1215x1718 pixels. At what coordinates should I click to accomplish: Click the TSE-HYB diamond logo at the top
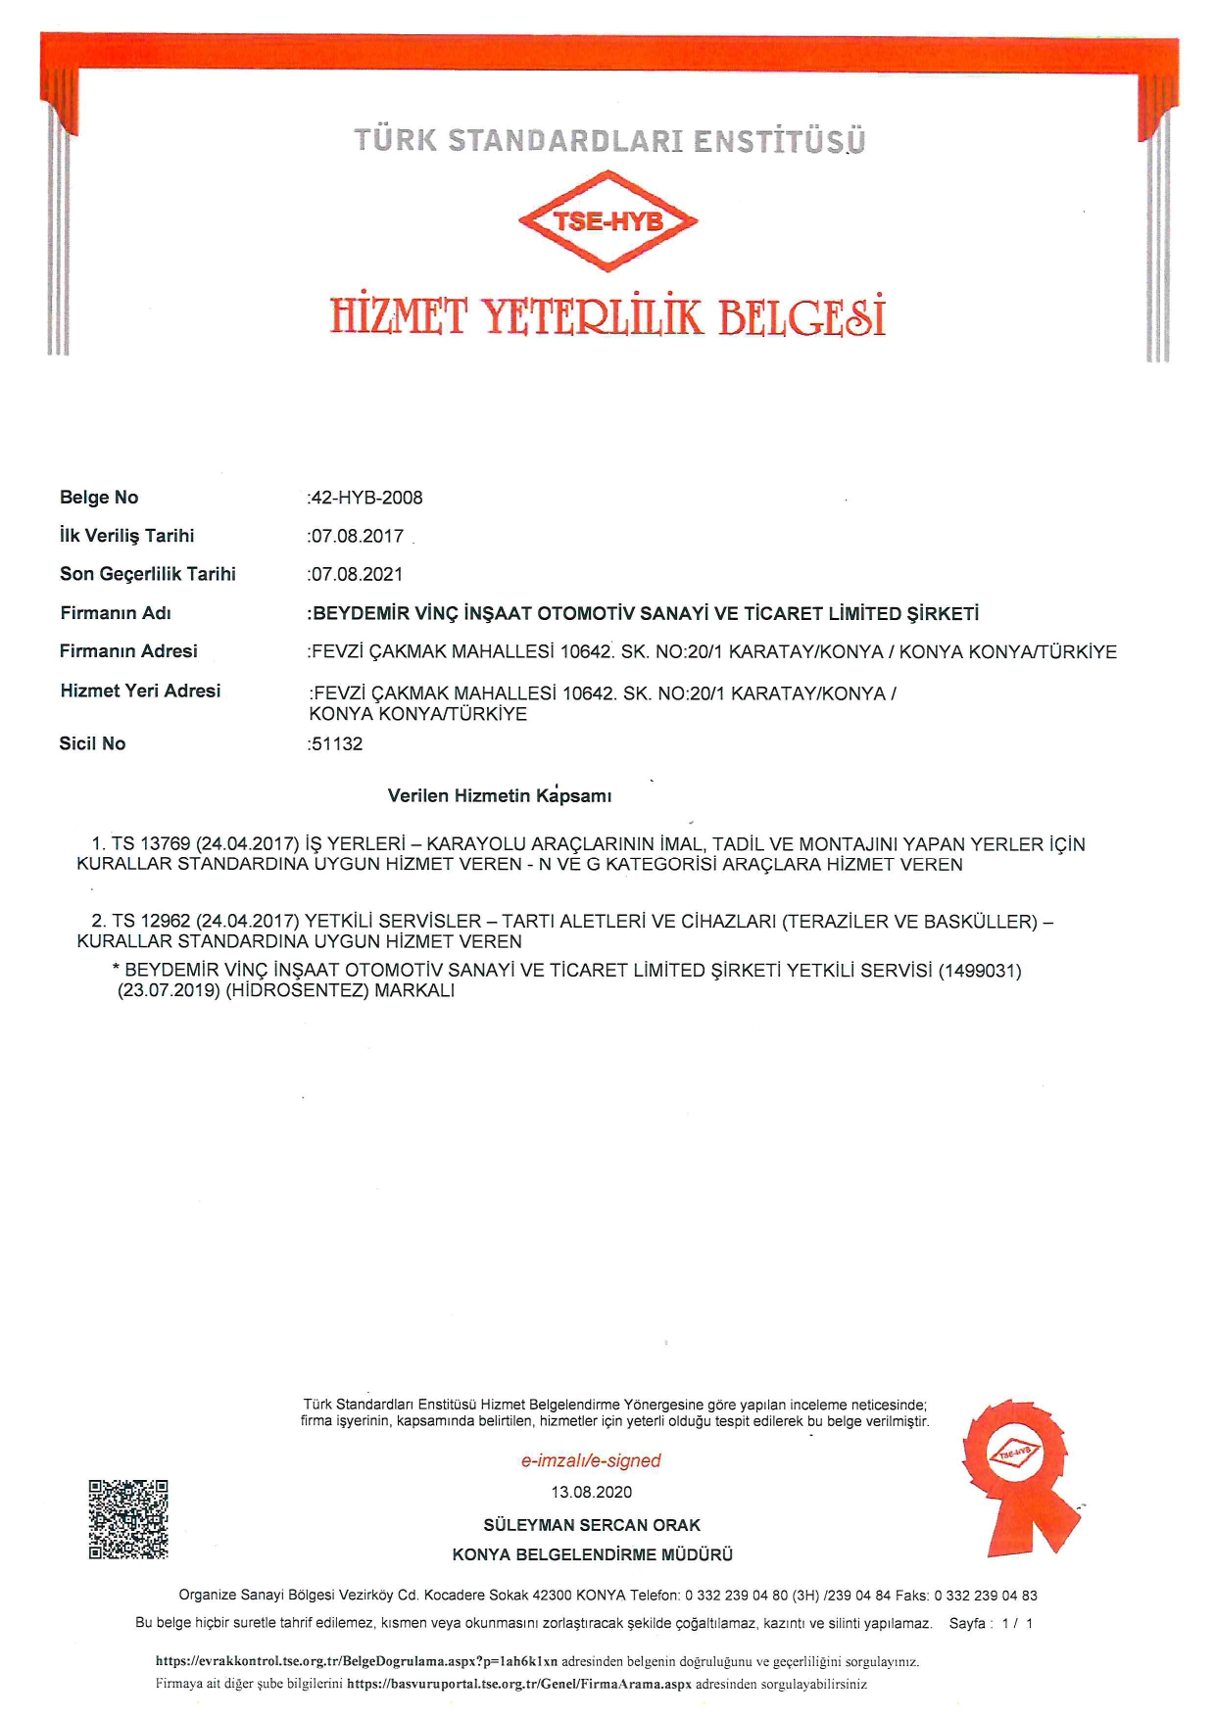607,221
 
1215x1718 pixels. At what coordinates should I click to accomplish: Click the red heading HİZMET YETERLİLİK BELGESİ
607,316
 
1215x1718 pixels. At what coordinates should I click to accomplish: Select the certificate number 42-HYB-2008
366,498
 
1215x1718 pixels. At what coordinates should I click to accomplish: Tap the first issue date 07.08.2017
357,536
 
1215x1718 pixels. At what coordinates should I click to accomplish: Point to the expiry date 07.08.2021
357,574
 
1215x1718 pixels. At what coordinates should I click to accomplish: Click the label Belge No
99,498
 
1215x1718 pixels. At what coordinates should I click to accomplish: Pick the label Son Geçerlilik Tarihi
148,574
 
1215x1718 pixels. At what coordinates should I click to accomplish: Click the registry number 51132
336,743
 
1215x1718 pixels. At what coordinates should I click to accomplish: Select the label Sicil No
92,743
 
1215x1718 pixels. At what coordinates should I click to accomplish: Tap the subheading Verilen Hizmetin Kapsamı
500,795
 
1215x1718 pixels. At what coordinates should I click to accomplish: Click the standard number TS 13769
151,844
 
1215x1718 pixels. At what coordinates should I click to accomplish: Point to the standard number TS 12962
151,922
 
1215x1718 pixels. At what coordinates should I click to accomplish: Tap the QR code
128,1518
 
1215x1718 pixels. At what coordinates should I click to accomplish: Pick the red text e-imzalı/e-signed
591,1460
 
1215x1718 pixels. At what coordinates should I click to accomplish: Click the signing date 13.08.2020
592,1492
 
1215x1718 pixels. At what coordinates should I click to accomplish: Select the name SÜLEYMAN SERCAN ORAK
592,1525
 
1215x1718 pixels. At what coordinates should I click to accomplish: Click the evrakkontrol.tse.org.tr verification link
357,1661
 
